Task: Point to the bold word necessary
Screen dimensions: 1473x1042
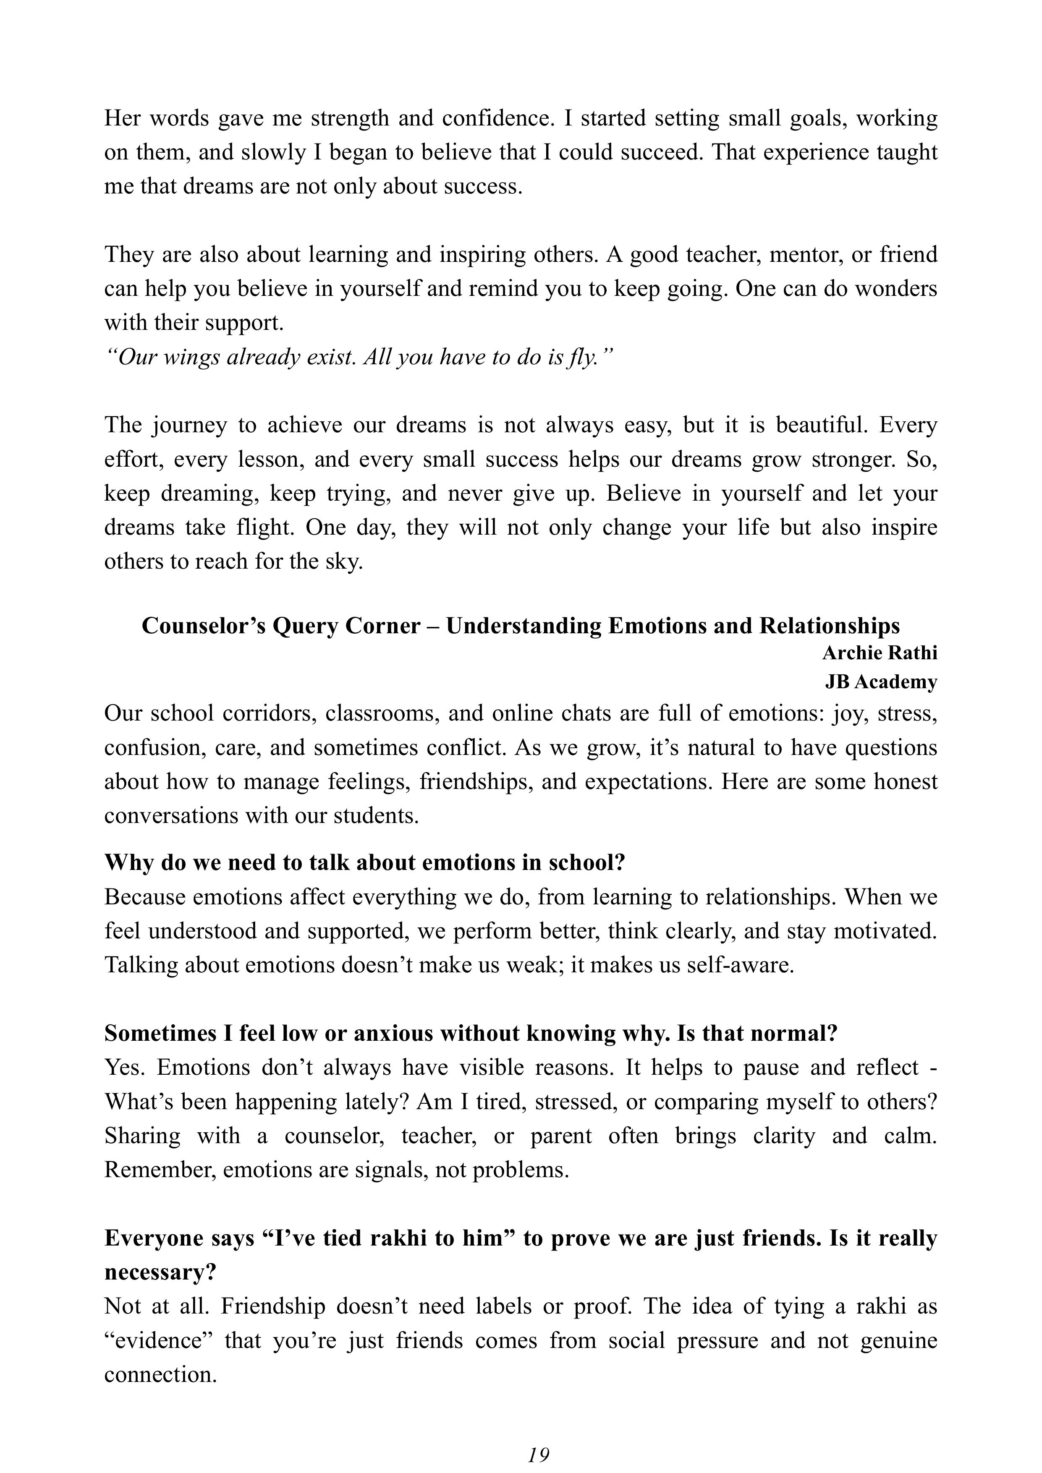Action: (160, 1272)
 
